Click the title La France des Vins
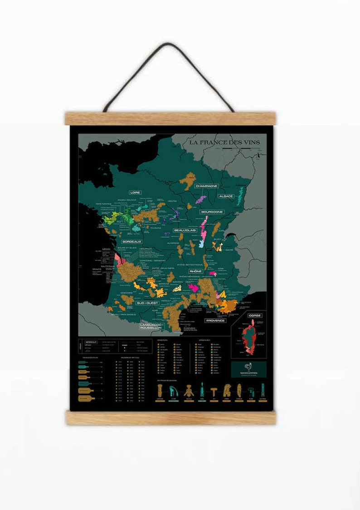[224, 142]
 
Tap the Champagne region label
[206, 186]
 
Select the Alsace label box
[226, 196]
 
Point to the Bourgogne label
[212, 212]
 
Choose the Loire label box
[135, 192]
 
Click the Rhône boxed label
[195, 271]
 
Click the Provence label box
[215, 320]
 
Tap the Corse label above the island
[254, 315]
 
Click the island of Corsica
[248, 338]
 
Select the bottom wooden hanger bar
[171, 417]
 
